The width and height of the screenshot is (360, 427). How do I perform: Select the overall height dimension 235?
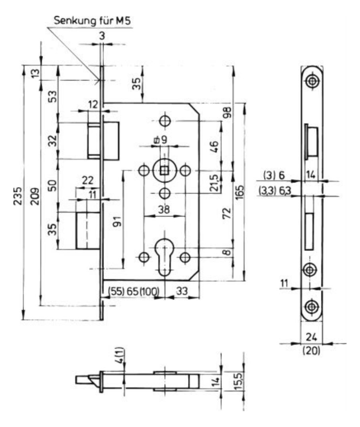click(x=18, y=196)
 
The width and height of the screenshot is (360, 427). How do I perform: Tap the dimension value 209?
click(x=35, y=196)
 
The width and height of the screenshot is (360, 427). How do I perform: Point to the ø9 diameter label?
click(x=160, y=140)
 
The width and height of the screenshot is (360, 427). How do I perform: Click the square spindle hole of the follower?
click(x=164, y=171)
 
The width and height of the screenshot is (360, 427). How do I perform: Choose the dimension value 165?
click(x=240, y=192)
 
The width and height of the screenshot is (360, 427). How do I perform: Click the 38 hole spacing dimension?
click(x=164, y=210)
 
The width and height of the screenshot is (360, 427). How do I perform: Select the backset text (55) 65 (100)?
click(x=134, y=291)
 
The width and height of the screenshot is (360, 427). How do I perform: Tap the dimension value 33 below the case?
click(x=182, y=291)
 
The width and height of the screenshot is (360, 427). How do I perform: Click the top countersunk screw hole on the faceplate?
click(x=311, y=81)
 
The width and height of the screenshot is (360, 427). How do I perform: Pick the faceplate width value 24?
click(x=311, y=337)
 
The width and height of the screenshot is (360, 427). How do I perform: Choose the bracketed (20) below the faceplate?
click(x=311, y=350)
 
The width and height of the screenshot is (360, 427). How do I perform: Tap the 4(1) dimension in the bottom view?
click(x=121, y=356)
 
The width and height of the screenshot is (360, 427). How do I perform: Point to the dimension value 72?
click(x=227, y=213)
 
